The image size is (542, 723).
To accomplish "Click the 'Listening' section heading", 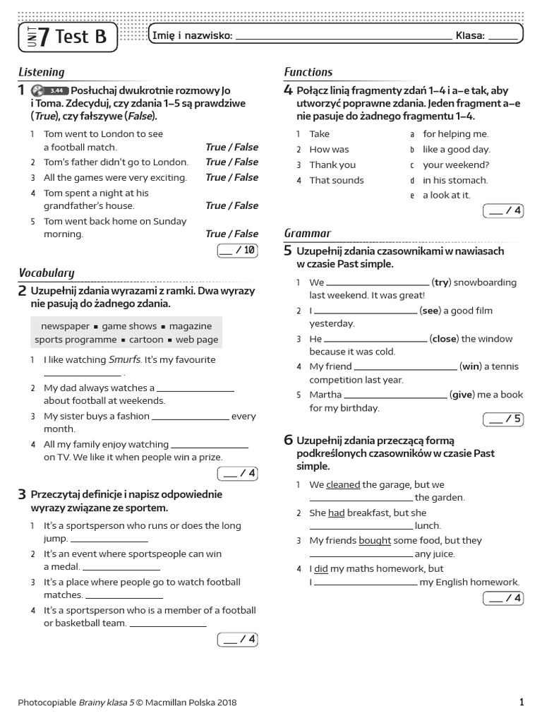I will click(41, 72).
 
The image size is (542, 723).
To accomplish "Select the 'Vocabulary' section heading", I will click(46, 273).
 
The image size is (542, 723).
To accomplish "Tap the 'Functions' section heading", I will click(308, 72).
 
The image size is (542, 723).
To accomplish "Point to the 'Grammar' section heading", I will click(308, 234).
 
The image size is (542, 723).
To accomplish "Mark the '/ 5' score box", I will click(504, 419).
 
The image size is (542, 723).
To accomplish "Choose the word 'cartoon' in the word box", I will click(146, 340).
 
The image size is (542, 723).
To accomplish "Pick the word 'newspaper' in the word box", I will click(65, 326).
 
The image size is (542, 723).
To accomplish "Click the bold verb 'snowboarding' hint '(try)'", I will click(441, 282).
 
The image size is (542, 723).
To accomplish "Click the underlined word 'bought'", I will click(375, 541).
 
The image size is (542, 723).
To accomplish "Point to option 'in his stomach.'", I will click(455, 181).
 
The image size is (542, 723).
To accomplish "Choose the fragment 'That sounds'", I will click(337, 181).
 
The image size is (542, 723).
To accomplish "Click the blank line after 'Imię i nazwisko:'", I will click(343, 37).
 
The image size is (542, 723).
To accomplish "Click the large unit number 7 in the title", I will click(44, 37).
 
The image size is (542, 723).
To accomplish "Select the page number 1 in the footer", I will click(522, 702).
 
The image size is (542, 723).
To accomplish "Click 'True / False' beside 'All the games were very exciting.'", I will click(231, 178).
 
